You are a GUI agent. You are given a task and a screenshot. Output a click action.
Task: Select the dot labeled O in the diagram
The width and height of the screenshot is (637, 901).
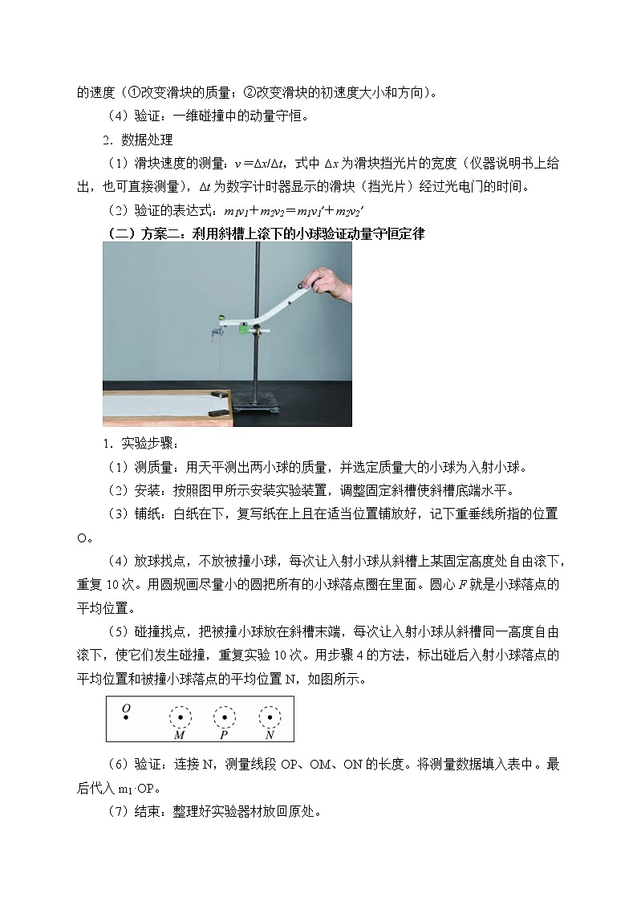pos(126,716)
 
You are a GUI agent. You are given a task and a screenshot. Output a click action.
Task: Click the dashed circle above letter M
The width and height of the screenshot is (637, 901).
pos(181,717)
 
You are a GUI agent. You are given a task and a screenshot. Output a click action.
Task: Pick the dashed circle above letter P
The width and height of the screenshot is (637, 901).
pos(225,717)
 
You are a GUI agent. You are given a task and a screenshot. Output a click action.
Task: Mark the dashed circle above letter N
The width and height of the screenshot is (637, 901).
pos(270,717)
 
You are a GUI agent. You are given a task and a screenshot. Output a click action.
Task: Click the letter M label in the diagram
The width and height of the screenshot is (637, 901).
pos(179,735)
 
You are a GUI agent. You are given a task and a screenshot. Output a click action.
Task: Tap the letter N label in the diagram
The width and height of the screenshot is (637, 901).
pos(270,735)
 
